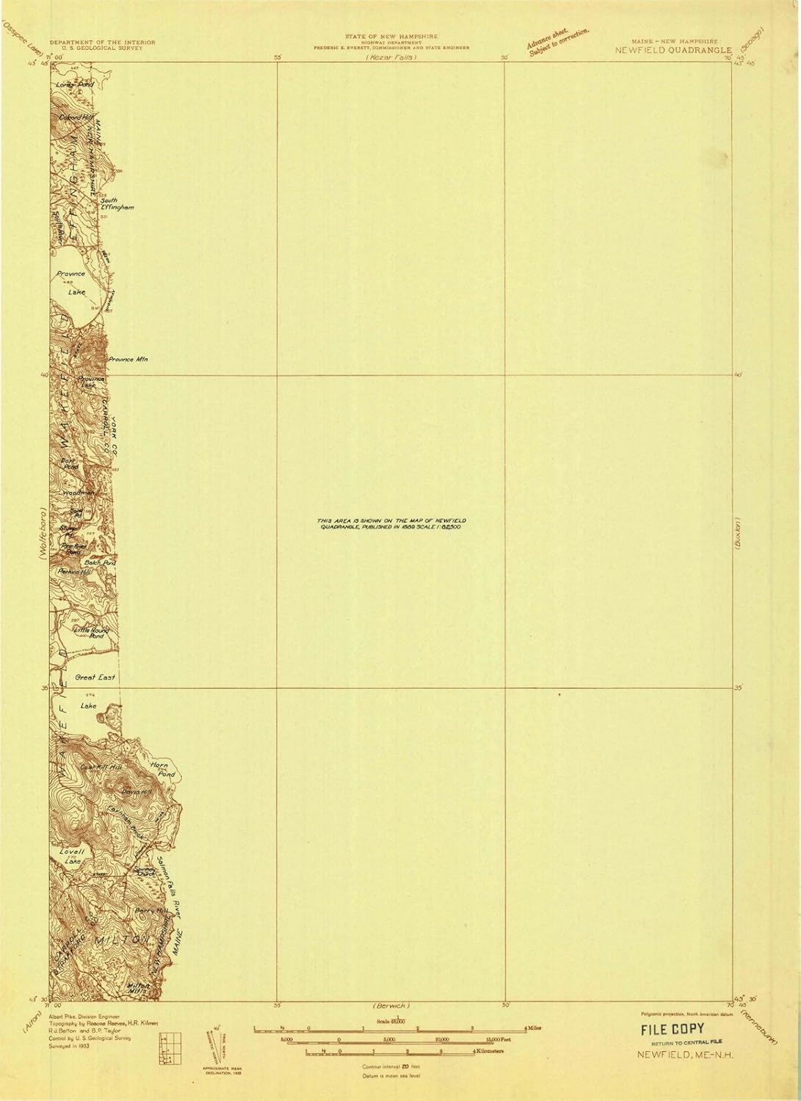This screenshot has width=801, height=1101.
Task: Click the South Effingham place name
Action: (117, 205)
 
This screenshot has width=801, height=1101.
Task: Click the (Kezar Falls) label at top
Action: (391, 57)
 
